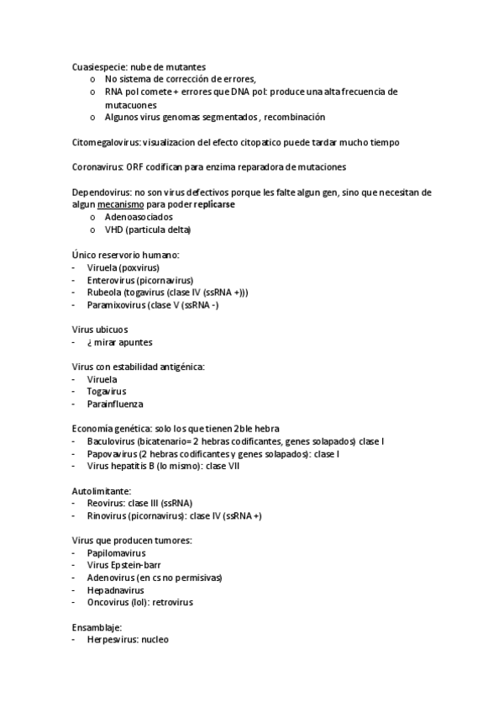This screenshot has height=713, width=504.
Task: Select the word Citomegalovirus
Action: click(x=105, y=142)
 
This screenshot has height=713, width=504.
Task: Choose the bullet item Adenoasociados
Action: click(x=139, y=217)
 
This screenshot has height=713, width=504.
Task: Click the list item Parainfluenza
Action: click(x=113, y=404)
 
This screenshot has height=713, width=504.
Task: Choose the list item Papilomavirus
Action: click(x=116, y=553)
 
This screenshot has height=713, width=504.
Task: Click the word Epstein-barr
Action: click(x=138, y=566)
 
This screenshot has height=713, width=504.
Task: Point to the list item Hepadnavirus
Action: click(x=115, y=590)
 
